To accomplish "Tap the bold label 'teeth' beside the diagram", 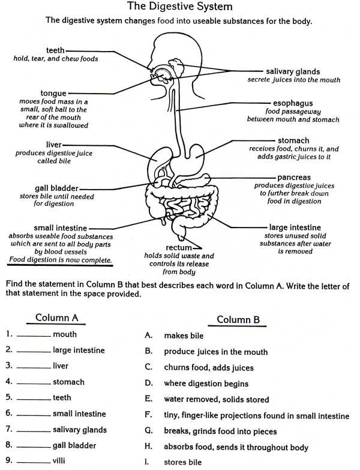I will coord(55,50).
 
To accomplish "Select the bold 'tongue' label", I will coord(53,93).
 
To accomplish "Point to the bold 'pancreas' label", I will coord(293,178).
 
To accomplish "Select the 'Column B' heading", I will coord(238,320).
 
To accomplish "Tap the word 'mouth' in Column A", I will coord(65,334).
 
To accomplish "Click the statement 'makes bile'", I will coord(183,336).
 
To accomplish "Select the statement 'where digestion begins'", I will coord(206,383).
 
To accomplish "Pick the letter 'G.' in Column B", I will coord(149,431).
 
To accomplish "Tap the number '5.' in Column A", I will coord(9,397).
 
